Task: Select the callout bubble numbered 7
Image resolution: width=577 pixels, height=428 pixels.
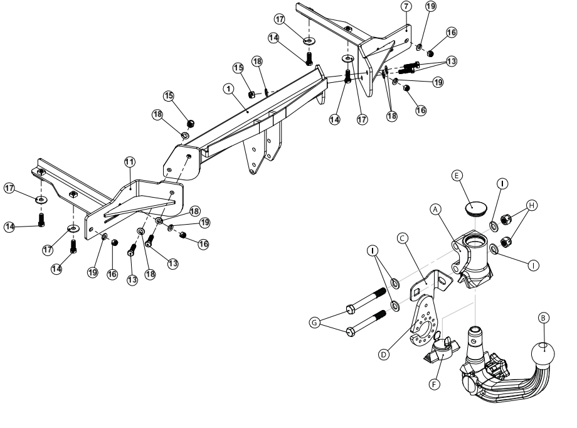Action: coord(406,6)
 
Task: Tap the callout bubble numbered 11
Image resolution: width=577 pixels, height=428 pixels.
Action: coord(129,162)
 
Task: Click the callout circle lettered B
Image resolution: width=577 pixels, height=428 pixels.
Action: coord(544,318)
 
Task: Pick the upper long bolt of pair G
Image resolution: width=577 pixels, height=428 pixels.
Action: coord(368,301)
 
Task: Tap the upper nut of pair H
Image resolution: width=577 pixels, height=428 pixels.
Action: coord(510,220)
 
